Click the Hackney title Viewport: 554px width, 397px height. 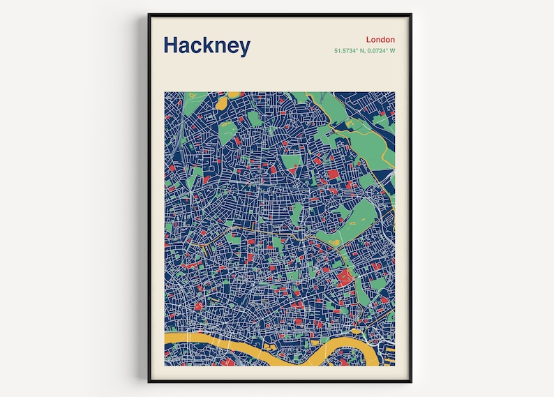207,46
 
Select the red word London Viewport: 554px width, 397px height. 380,40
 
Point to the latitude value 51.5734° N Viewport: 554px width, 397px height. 352,51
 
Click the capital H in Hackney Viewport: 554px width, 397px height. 171,45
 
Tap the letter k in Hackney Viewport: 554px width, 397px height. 208,45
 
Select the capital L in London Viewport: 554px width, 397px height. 368,40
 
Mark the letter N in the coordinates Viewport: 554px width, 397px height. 365,51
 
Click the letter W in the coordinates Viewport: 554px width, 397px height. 392,51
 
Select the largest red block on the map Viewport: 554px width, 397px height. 344,279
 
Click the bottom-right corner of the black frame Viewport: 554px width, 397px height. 411,382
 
